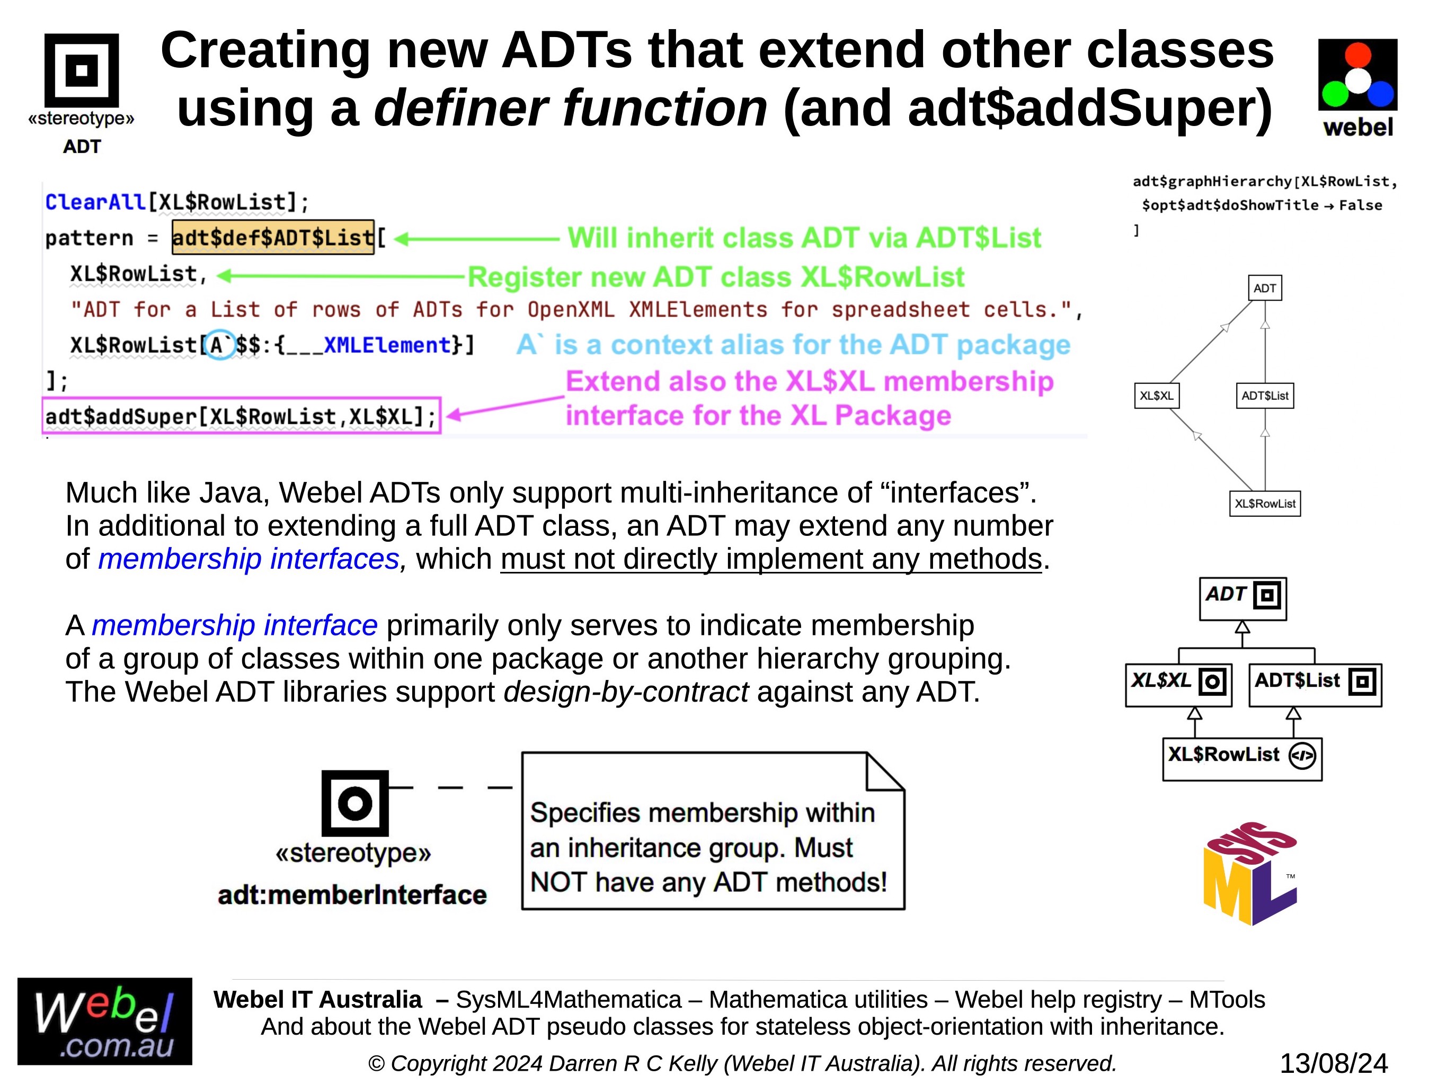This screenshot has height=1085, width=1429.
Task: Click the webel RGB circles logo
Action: tap(1357, 74)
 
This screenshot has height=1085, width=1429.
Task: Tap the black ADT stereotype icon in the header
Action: tap(82, 70)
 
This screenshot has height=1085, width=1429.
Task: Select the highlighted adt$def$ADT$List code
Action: tap(273, 238)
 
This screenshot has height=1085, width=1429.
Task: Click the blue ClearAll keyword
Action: tap(95, 202)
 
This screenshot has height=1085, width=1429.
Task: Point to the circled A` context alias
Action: tap(220, 345)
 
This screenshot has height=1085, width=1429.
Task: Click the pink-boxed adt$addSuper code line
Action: tap(242, 416)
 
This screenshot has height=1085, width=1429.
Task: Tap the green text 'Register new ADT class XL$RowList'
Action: tap(715, 277)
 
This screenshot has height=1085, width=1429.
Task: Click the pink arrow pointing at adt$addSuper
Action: tap(505, 406)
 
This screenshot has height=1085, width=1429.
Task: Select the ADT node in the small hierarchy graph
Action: tap(1264, 288)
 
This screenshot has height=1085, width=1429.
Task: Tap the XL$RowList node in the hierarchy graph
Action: tap(1265, 504)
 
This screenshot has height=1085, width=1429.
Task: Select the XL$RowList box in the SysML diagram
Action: tap(1242, 759)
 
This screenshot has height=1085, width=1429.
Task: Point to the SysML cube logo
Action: tap(1250, 873)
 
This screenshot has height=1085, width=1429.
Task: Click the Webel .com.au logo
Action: tap(105, 1021)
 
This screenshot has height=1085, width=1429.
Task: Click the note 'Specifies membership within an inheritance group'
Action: tap(713, 831)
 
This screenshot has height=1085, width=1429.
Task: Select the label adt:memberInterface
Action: tap(352, 895)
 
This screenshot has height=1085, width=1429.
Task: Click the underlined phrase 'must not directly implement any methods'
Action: tap(771, 559)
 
